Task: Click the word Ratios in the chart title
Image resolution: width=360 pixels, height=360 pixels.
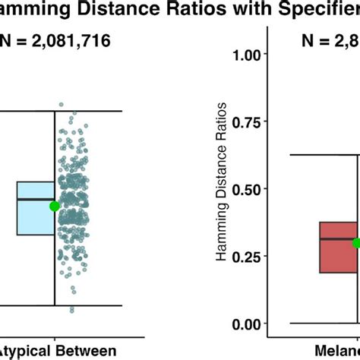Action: (x=198, y=11)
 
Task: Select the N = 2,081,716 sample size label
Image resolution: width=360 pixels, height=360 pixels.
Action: (x=58, y=43)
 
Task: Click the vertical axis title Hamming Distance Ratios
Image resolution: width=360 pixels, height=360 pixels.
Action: (x=222, y=189)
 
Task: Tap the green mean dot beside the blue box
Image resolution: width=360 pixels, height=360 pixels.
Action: (x=54, y=206)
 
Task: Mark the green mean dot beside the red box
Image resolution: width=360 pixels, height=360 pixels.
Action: (x=356, y=243)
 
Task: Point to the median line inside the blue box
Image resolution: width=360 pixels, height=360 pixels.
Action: (x=35, y=199)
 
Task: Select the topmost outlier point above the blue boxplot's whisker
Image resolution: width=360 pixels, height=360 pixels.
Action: (x=62, y=105)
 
